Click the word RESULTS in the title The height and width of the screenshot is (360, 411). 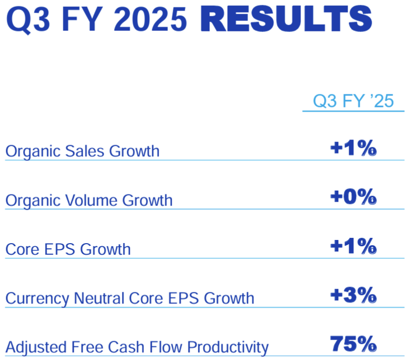(x=286, y=19)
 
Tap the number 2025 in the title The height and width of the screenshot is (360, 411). (x=150, y=19)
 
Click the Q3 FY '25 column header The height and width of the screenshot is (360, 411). (x=353, y=101)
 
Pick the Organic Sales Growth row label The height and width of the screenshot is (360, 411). (x=82, y=151)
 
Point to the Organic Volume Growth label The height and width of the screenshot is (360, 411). (x=89, y=201)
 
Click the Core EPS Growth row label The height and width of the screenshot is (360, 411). (x=68, y=249)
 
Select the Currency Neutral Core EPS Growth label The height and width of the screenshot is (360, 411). (x=130, y=299)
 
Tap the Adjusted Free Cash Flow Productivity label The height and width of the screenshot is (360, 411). (x=137, y=347)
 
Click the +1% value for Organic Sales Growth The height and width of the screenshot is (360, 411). (x=353, y=148)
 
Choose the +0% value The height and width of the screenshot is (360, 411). (x=353, y=197)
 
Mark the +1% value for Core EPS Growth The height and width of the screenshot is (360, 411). (x=353, y=246)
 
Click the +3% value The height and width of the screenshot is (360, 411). (x=353, y=295)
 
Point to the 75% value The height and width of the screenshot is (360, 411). (x=353, y=344)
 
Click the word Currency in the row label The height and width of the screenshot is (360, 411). (x=37, y=299)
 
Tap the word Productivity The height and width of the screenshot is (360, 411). (x=228, y=348)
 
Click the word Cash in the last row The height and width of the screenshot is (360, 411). (x=127, y=347)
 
